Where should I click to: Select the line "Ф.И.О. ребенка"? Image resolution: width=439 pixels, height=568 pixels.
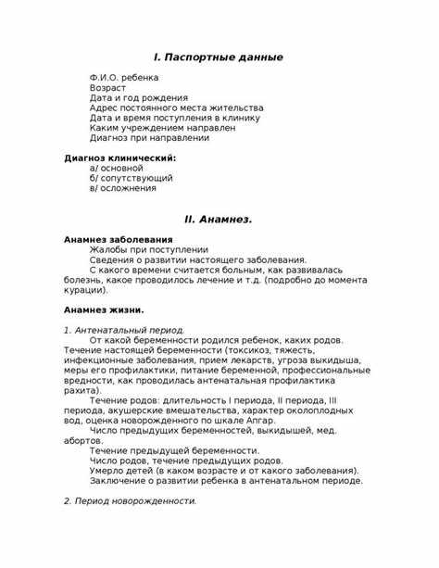point(124,77)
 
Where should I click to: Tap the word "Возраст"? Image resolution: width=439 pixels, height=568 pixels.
point(107,87)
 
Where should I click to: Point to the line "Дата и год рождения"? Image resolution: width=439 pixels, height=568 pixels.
point(138,97)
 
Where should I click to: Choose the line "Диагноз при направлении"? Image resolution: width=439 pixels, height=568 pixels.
point(149,138)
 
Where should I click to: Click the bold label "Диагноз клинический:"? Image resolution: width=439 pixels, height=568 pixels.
point(119,158)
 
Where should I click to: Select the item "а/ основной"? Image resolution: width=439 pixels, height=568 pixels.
point(117,168)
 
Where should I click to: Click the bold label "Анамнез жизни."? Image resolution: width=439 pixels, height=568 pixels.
point(104,309)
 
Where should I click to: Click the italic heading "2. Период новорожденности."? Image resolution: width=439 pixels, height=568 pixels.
point(130,500)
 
